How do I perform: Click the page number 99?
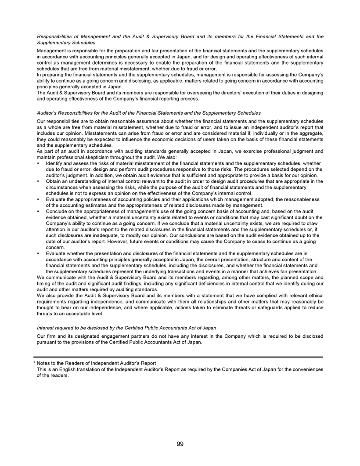[x=180, y=444]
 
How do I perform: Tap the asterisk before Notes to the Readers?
[x=35, y=363]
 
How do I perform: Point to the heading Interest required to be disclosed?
[x=126, y=328]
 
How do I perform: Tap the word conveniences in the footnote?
[x=307, y=369]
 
